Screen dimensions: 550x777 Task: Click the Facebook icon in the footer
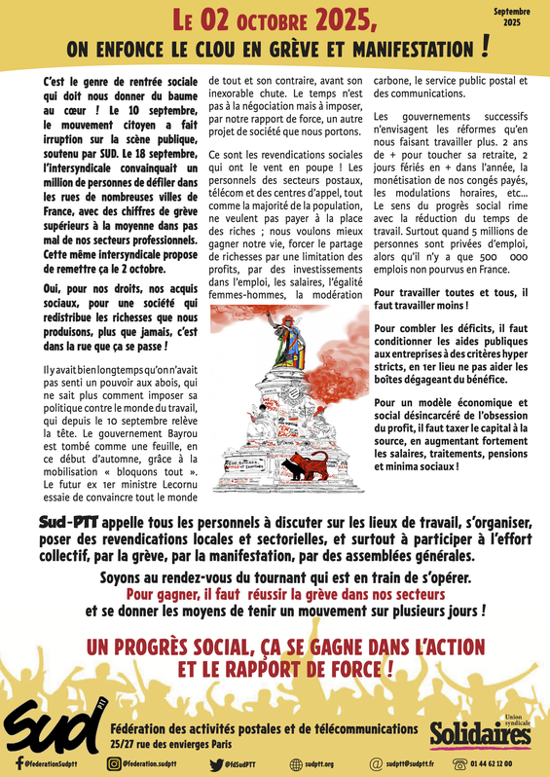click(19, 763)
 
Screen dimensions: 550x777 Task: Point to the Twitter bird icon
click(215, 763)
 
